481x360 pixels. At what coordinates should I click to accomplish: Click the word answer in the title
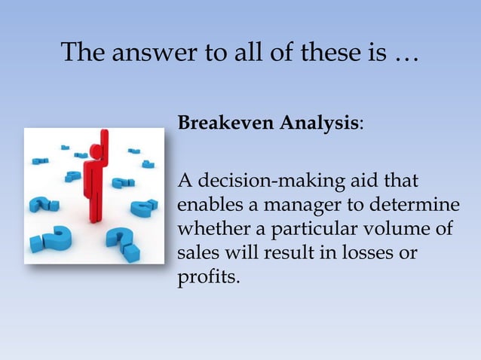pyautogui.click(x=142, y=54)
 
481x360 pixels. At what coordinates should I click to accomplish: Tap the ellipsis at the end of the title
pyautogui.click(x=408, y=56)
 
